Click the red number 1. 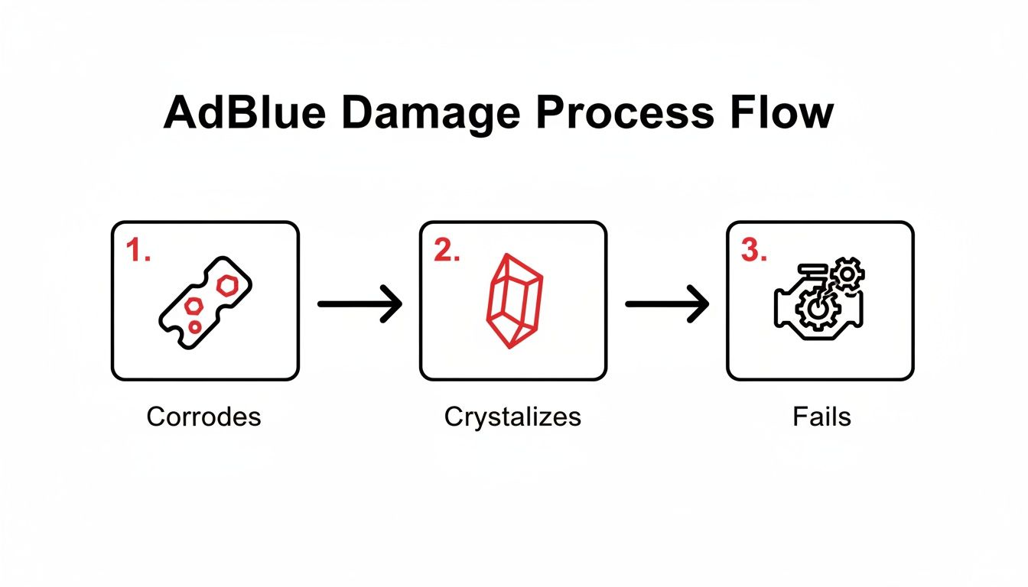pyautogui.click(x=138, y=252)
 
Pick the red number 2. pyautogui.click(x=447, y=252)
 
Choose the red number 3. pyautogui.click(x=754, y=252)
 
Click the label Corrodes pyautogui.click(x=203, y=417)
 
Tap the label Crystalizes pyautogui.click(x=512, y=417)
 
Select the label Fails pyautogui.click(x=822, y=417)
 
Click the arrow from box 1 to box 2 pyautogui.click(x=359, y=304)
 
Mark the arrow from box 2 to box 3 pyautogui.click(x=668, y=304)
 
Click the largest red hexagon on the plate pyautogui.click(x=228, y=285)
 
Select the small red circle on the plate pyautogui.click(x=195, y=327)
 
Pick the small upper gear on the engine pyautogui.click(x=847, y=274)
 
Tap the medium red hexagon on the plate pyautogui.click(x=195, y=306)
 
